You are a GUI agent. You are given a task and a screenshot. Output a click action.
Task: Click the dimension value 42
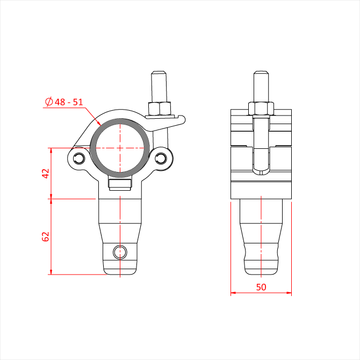pos(46,174)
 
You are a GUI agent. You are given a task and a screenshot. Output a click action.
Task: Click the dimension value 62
pos(46,236)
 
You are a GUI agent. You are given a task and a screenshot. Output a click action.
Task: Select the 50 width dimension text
pos(261,287)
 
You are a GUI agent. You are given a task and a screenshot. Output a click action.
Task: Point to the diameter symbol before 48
pos(49,102)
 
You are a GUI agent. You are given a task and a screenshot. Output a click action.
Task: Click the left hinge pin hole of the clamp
pos(79,159)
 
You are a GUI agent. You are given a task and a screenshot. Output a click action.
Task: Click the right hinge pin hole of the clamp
pos(161,159)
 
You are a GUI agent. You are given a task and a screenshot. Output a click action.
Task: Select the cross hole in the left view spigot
pos(120,252)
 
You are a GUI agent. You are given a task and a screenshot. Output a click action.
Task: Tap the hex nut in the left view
pos(160,109)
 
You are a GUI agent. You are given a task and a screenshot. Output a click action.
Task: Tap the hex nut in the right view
pos(261,109)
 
